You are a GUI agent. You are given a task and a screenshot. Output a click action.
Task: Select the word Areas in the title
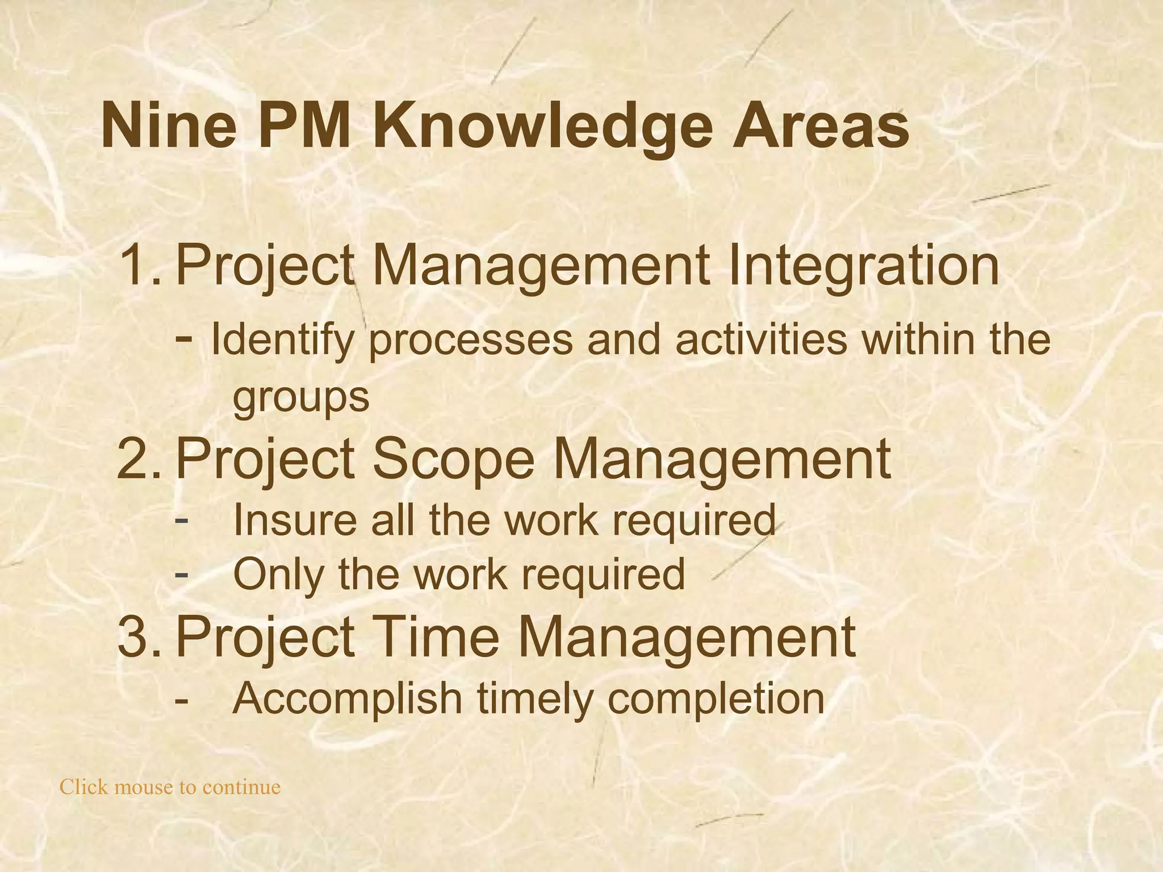[x=820, y=126]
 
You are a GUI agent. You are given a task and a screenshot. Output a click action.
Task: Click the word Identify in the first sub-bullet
[x=282, y=341]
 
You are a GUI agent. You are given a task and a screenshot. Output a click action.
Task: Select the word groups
[x=301, y=397]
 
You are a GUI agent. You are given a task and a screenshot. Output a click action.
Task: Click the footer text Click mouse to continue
[x=170, y=787]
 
